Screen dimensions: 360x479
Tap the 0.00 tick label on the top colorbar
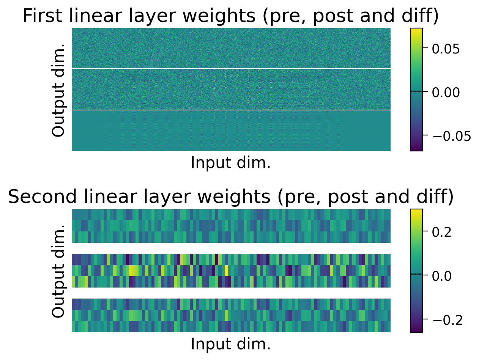pyautogui.click(x=446, y=92)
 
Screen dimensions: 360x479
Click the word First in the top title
pyautogui.click(x=45, y=16)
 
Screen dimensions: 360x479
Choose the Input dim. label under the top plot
pyautogui.click(x=231, y=163)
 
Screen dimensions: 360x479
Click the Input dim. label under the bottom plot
pyautogui.click(x=231, y=344)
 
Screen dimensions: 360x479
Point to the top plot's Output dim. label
pyautogui.click(x=59, y=90)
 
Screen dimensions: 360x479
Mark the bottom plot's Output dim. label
pyautogui.click(x=59, y=271)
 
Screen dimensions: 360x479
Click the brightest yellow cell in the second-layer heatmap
pyautogui.click(x=226, y=271)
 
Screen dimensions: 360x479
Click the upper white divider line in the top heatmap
pyautogui.click(x=231, y=69)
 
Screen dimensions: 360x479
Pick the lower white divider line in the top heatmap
pyautogui.click(x=231, y=110)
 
